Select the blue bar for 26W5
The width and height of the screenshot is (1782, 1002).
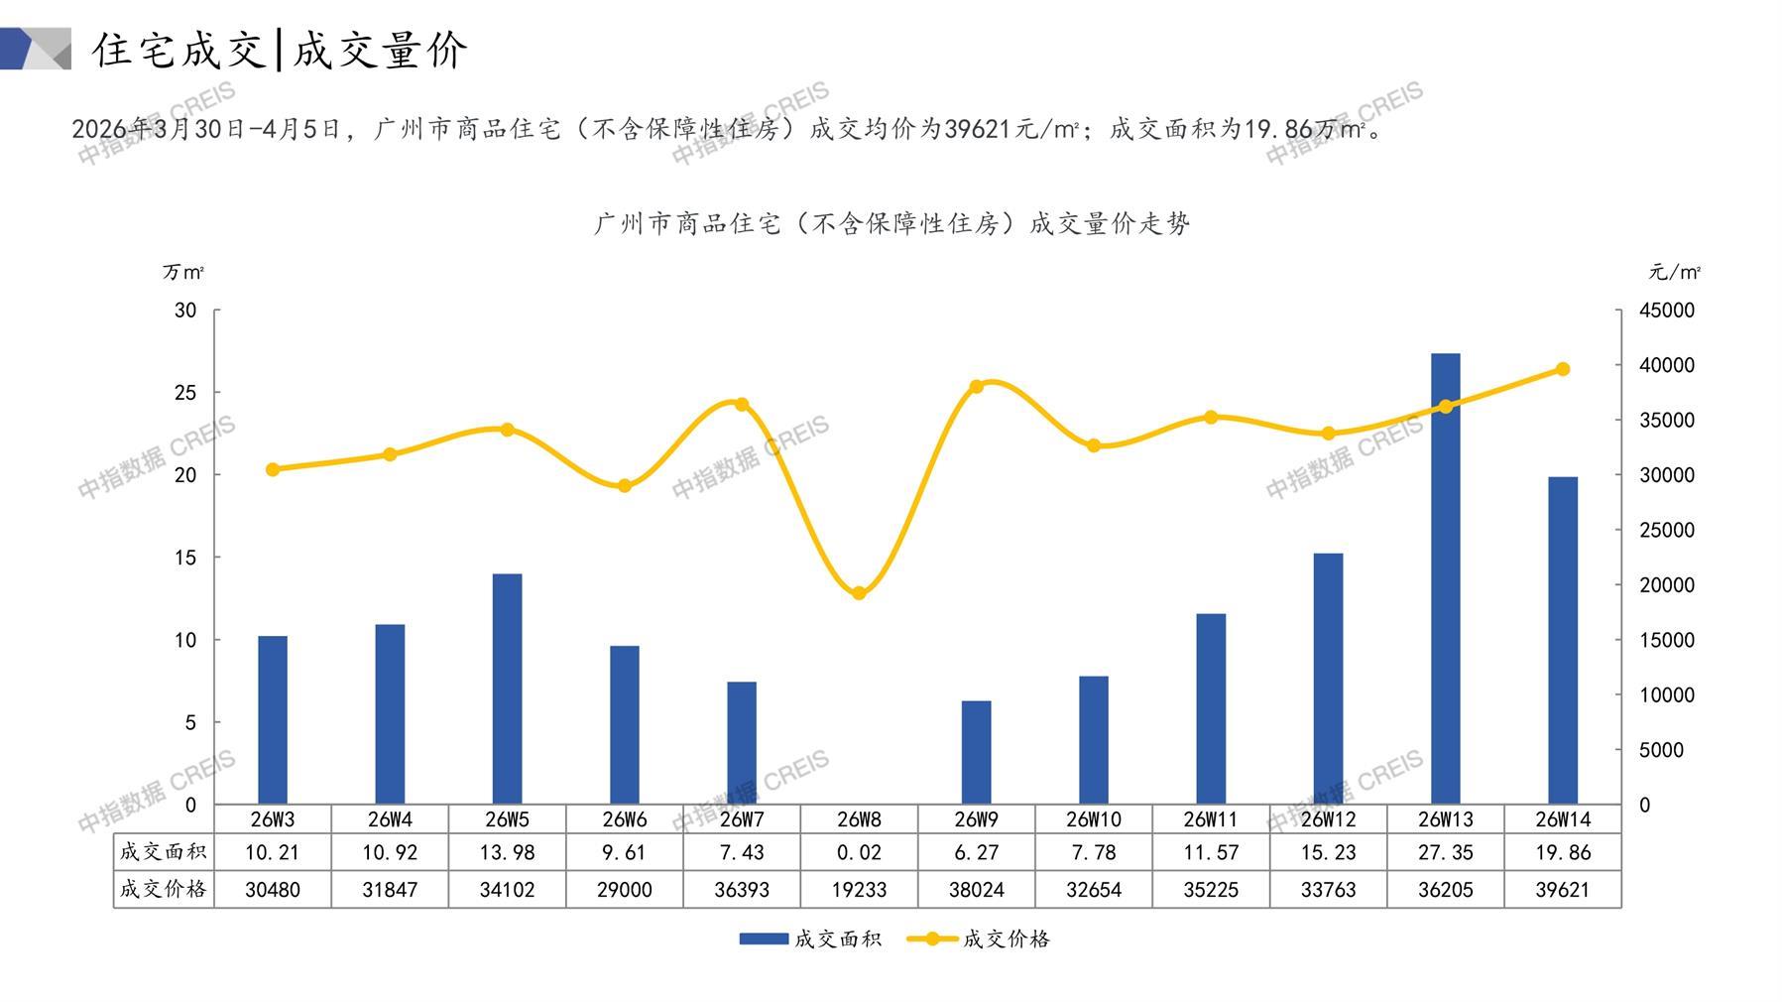507,689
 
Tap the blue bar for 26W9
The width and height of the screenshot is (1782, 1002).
976,752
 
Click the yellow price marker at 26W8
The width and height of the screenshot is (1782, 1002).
859,593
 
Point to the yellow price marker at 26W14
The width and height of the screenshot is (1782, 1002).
1563,369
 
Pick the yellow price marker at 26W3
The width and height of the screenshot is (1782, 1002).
273,469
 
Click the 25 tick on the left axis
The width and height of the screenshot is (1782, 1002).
185,393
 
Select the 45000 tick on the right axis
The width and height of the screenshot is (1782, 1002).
1667,311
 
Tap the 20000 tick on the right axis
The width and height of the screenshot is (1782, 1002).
1667,585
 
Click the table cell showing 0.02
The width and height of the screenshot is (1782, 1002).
859,852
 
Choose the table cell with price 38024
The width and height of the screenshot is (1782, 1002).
976,890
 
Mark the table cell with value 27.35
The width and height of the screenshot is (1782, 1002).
1445,852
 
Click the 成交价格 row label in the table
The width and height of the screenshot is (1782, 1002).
163,890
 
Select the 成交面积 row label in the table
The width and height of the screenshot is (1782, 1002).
163,852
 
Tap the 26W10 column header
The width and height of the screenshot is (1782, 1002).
1094,819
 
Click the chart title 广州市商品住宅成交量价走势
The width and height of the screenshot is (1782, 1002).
891,223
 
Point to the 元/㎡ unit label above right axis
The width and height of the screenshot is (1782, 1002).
1674,272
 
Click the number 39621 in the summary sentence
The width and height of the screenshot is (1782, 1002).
977,129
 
